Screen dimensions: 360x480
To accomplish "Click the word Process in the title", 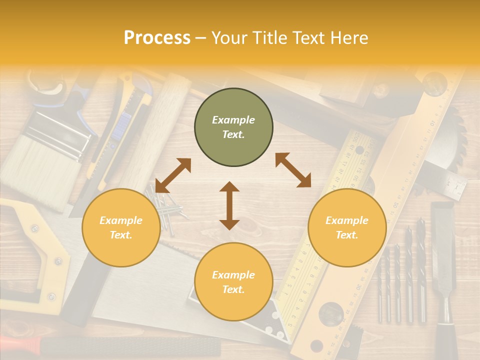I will click(157, 37).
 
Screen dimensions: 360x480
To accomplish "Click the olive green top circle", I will click(233, 127).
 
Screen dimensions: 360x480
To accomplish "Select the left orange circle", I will click(121, 227).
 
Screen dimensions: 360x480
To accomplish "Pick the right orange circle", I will click(347, 227).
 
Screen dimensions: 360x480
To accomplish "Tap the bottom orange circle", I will click(233, 281).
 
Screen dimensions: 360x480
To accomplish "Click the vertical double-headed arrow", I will click(229, 205).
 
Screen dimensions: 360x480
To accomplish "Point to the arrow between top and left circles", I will click(173, 175).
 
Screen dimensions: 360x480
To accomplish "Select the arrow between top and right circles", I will click(293, 170).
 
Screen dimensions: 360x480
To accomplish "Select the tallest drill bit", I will click(421, 270).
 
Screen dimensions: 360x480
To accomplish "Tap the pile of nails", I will click(165, 210).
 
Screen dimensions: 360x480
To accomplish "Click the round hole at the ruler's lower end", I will click(329, 312).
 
